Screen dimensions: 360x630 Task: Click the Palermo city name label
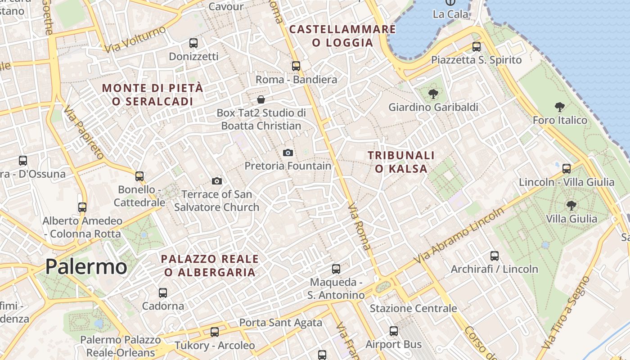(86, 267)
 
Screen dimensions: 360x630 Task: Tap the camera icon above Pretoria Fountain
(288, 153)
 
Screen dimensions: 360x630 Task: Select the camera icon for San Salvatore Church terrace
(217, 181)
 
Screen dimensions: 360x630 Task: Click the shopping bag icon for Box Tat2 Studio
(261, 99)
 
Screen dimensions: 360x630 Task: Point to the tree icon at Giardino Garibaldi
(433, 94)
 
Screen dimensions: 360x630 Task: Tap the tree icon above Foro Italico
(560, 107)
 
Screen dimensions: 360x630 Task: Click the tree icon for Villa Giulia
(571, 206)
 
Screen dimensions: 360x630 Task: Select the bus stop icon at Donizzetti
(193, 43)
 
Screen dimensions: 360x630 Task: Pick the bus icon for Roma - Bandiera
(296, 66)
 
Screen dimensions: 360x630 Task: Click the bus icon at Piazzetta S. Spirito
(476, 46)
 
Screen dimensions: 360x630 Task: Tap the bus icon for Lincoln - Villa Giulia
(567, 169)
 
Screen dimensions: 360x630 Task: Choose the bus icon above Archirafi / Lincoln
(495, 256)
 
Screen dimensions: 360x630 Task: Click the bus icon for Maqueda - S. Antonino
(336, 269)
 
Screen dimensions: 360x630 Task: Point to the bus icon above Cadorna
(163, 293)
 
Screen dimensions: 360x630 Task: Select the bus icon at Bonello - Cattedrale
(139, 176)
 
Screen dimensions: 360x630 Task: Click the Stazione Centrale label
(413, 309)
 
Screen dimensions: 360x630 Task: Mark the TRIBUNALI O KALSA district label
(401, 162)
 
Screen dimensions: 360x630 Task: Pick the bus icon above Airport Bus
(394, 331)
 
